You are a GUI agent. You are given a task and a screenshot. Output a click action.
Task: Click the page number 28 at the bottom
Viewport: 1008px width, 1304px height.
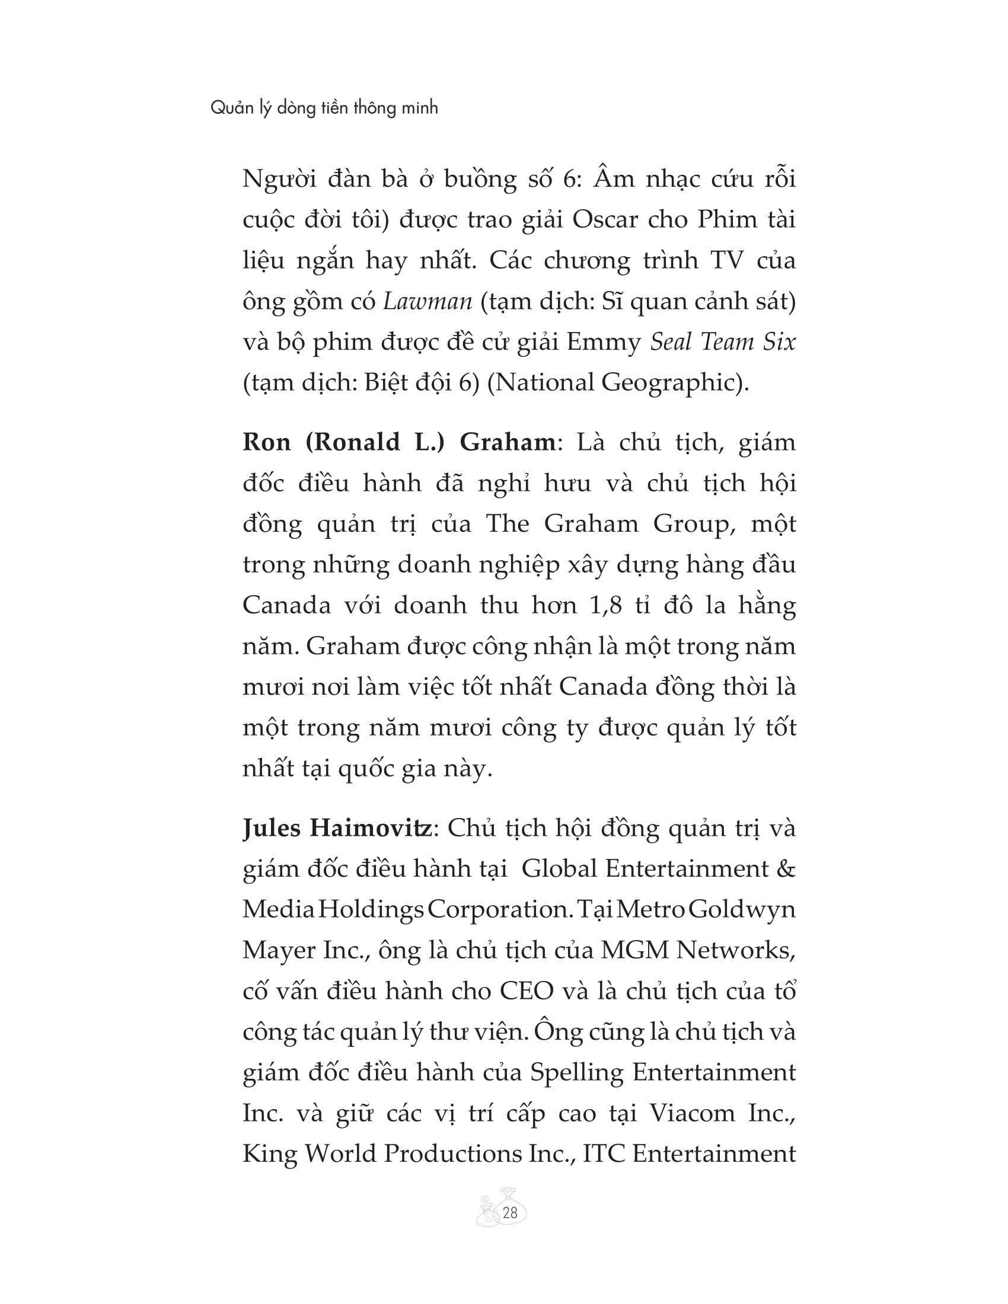[x=510, y=1213]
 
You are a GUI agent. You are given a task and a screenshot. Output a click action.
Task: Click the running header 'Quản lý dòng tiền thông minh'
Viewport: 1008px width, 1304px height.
[x=324, y=108]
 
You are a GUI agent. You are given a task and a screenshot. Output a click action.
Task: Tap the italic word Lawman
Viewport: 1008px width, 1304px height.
[x=428, y=301]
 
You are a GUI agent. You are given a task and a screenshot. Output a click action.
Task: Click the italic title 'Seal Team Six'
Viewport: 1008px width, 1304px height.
[x=723, y=342]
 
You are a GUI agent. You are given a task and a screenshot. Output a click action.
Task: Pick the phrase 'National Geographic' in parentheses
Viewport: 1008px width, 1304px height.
[x=615, y=383]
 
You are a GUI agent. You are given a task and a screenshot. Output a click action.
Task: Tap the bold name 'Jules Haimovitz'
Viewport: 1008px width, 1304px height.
[x=337, y=828]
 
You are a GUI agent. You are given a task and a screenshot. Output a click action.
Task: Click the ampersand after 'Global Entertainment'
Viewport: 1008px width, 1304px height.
[x=786, y=869]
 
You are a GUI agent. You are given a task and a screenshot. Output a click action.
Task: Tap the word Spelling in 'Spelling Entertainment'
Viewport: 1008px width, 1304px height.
[x=577, y=1073]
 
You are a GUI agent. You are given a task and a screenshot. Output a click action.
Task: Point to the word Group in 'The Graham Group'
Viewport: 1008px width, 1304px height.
[x=692, y=523]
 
